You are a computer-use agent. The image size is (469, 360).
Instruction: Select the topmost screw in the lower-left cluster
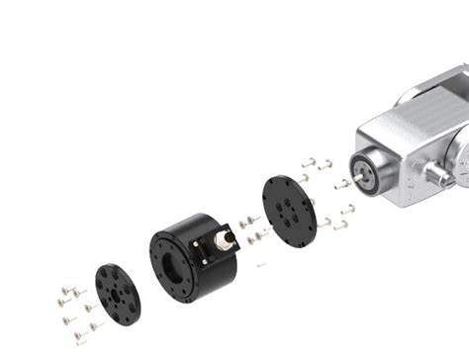[x=65, y=289]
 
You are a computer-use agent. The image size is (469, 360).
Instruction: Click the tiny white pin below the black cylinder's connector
[x=259, y=265]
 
